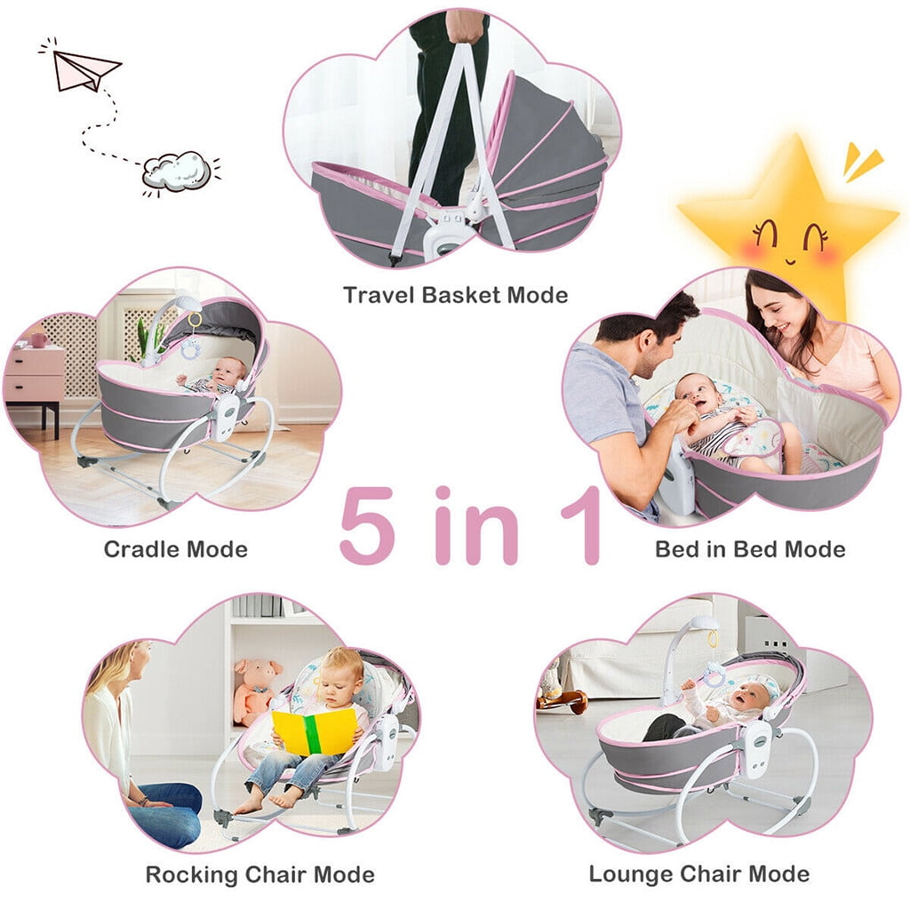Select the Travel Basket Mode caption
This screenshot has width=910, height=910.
click(455, 295)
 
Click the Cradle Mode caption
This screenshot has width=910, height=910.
click(175, 548)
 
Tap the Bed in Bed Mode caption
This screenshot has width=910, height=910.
click(750, 548)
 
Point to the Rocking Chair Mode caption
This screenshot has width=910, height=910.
click(259, 874)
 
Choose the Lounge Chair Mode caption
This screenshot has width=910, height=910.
click(698, 874)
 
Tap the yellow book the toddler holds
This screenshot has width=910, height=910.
click(315, 731)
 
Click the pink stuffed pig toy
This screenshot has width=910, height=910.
click(255, 689)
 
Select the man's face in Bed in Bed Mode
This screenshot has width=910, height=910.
click(662, 343)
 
